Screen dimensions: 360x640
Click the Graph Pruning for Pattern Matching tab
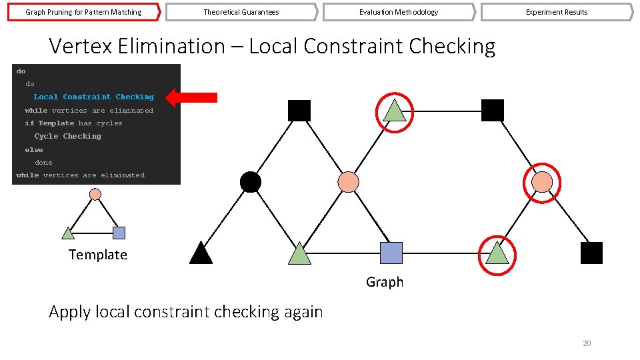(83, 12)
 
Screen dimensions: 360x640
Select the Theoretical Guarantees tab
(241, 12)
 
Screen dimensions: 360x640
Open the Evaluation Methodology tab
(399, 12)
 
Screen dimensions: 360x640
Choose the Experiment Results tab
(557, 12)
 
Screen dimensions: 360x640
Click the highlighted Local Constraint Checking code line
(93, 97)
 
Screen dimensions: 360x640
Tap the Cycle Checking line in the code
(68, 136)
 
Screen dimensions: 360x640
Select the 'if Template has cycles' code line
(73, 123)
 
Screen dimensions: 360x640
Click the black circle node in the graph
(250, 182)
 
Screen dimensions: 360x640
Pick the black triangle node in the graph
(201, 254)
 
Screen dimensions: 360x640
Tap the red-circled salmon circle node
(543, 182)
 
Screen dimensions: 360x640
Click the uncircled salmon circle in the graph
(348, 182)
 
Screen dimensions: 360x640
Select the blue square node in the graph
(391, 253)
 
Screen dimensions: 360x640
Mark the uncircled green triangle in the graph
(300, 254)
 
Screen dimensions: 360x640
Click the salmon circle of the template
(95, 194)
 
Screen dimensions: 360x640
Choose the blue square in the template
(119, 233)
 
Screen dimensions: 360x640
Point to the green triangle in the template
(68, 233)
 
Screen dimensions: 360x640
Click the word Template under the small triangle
(97, 255)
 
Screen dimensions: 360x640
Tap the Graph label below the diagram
(385, 282)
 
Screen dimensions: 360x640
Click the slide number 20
(587, 343)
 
